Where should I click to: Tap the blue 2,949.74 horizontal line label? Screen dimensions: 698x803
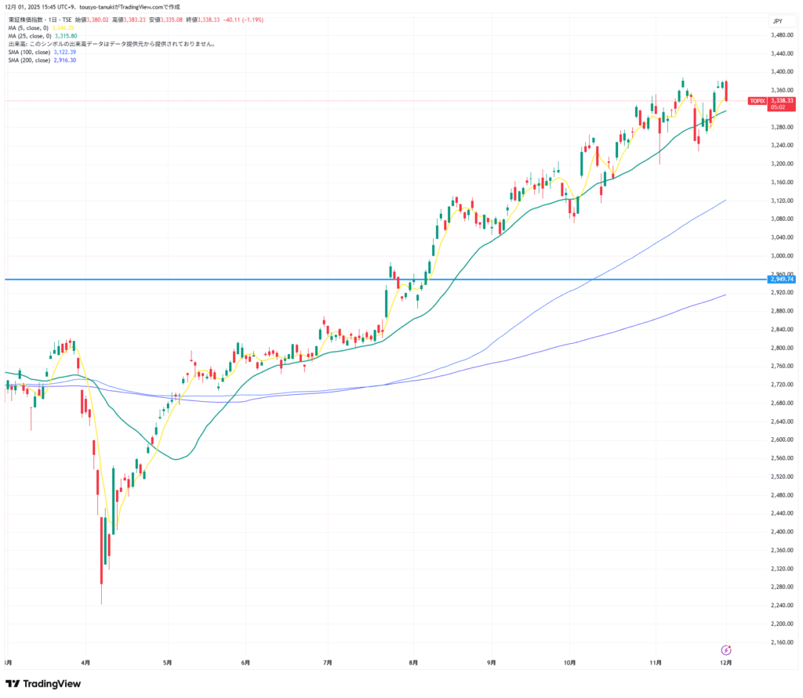tap(782, 279)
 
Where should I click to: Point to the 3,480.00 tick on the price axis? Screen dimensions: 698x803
tap(781, 35)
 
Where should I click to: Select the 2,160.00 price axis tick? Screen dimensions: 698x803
tap(781, 642)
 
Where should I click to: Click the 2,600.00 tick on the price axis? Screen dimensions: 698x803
tap(781, 440)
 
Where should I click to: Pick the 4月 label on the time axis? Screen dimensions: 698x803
tap(85, 663)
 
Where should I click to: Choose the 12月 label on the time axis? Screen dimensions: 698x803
tap(726, 663)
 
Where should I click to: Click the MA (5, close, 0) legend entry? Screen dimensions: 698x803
tap(28, 27)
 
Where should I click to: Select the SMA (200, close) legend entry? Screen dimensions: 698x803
tap(30, 60)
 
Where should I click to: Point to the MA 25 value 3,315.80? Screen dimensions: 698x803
tap(66, 36)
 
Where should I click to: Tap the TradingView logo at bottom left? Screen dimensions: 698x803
tap(44, 684)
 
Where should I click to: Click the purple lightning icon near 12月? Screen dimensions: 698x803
tap(726, 649)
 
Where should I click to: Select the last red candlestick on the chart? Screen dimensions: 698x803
tap(727, 90)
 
